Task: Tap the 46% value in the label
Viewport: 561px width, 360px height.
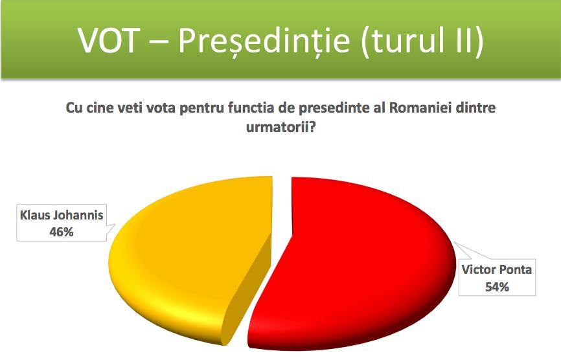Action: tap(62, 232)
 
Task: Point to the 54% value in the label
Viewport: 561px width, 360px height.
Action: tap(497, 287)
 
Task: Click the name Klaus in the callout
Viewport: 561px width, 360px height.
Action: tap(34, 215)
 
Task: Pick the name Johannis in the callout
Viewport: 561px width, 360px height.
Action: tap(78, 215)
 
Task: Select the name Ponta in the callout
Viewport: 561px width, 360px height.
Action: tap(515, 269)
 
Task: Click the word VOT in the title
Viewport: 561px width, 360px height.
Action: tap(109, 39)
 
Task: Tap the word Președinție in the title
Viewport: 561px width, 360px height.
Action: tap(264, 40)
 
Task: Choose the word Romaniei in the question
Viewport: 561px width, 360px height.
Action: tap(420, 107)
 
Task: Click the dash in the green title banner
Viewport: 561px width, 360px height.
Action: tap(159, 40)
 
